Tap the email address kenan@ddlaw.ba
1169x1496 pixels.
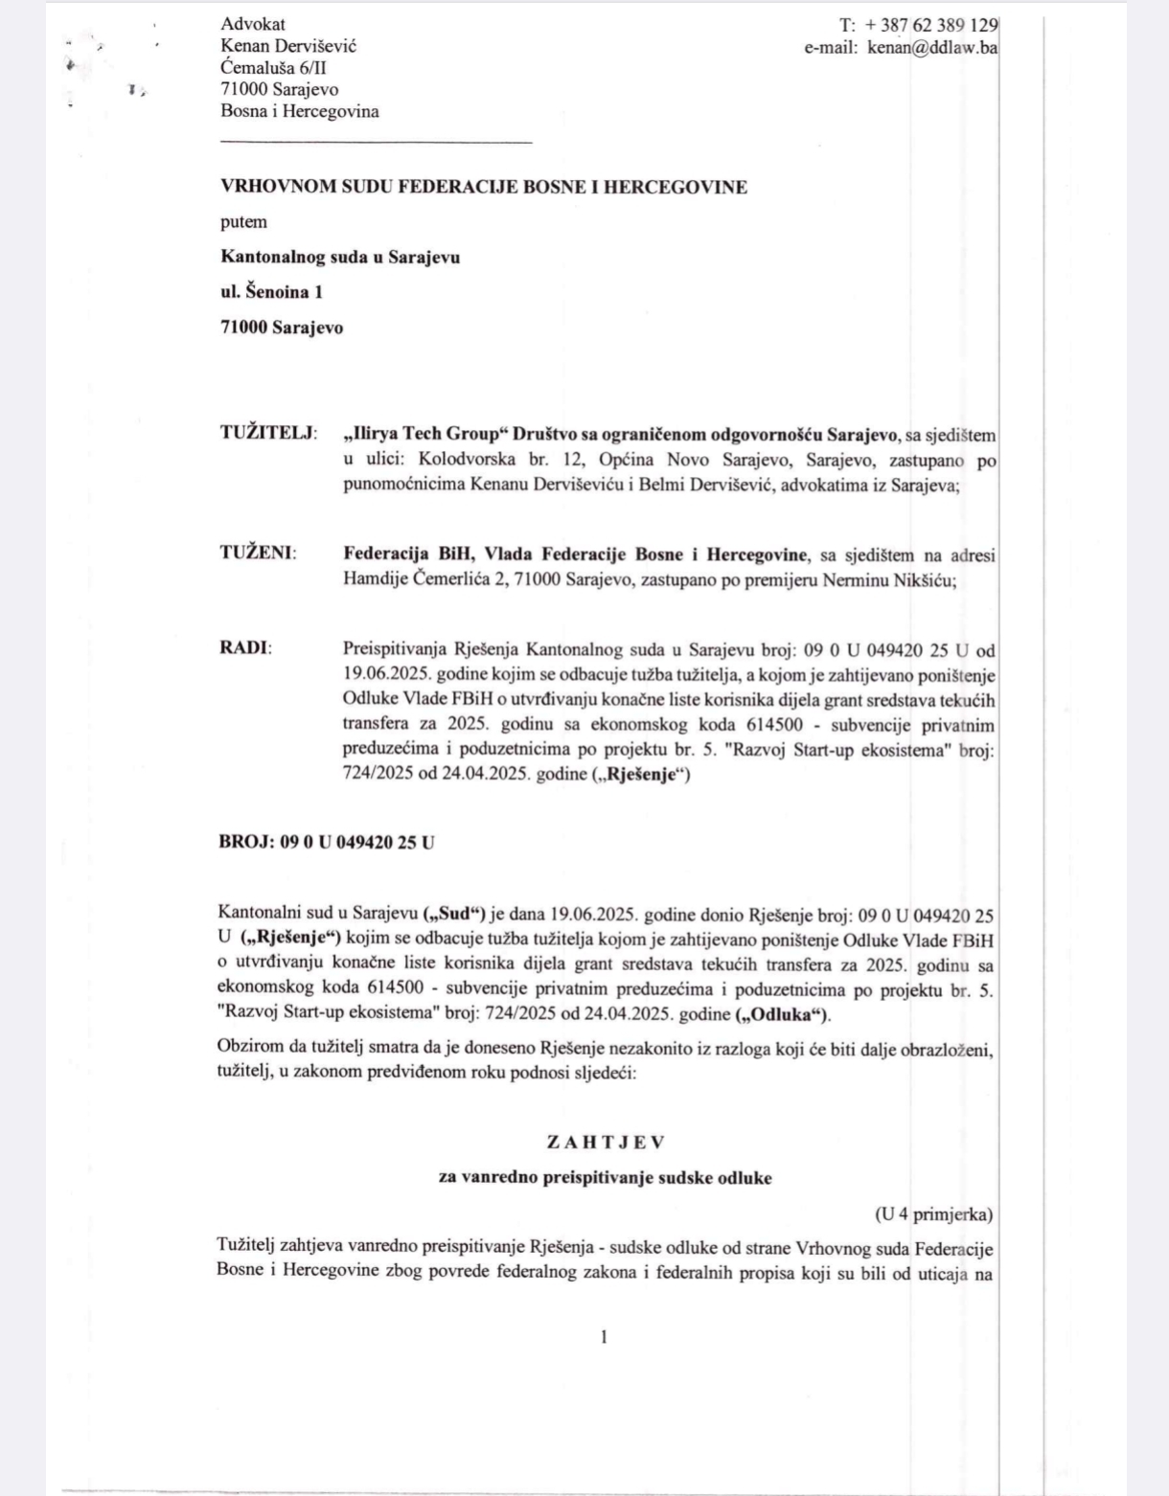931,47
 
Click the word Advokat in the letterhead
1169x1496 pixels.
253,24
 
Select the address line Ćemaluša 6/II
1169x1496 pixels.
274,68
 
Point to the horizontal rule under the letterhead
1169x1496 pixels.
376,143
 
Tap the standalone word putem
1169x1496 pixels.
243,222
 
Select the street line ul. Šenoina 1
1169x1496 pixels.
271,292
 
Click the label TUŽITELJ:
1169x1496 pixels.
269,433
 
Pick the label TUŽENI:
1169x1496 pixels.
258,554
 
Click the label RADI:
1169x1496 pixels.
245,648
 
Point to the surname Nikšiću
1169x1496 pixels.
923,580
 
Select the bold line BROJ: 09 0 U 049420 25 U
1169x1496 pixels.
327,843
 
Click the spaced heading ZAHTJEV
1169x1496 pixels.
605,1143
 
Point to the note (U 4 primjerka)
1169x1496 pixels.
933,1214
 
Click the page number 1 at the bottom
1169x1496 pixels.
604,1337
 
